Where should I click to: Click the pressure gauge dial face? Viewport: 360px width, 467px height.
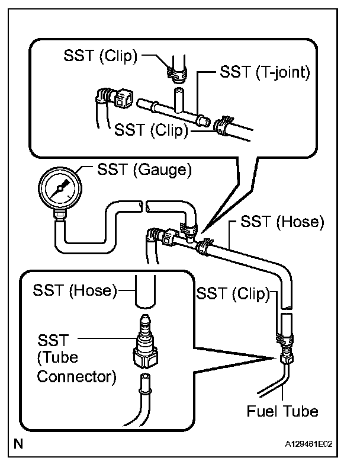(60, 188)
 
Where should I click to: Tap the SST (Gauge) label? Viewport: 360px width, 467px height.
(144, 169)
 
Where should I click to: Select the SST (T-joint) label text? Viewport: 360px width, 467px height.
(265, 72)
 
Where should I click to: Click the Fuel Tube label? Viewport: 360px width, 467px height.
(282, 411)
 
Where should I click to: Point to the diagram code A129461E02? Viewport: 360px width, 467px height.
(309, 444)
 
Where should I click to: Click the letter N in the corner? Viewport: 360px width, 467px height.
(18, 444)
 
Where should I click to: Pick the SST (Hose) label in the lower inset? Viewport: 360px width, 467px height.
(75, 290)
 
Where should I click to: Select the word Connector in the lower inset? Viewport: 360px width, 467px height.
(76, 376)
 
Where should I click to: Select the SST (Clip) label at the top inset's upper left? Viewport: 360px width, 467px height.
(101, 55)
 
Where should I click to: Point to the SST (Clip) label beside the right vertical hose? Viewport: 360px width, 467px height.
(233, 294)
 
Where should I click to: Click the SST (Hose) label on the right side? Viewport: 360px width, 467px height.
(282, 222)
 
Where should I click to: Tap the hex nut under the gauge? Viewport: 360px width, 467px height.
(60, 215)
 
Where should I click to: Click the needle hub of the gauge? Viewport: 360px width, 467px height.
(60, 188)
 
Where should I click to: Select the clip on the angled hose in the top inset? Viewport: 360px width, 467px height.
(223, 126)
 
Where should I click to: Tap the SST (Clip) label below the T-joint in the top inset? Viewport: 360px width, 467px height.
(152, 130)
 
